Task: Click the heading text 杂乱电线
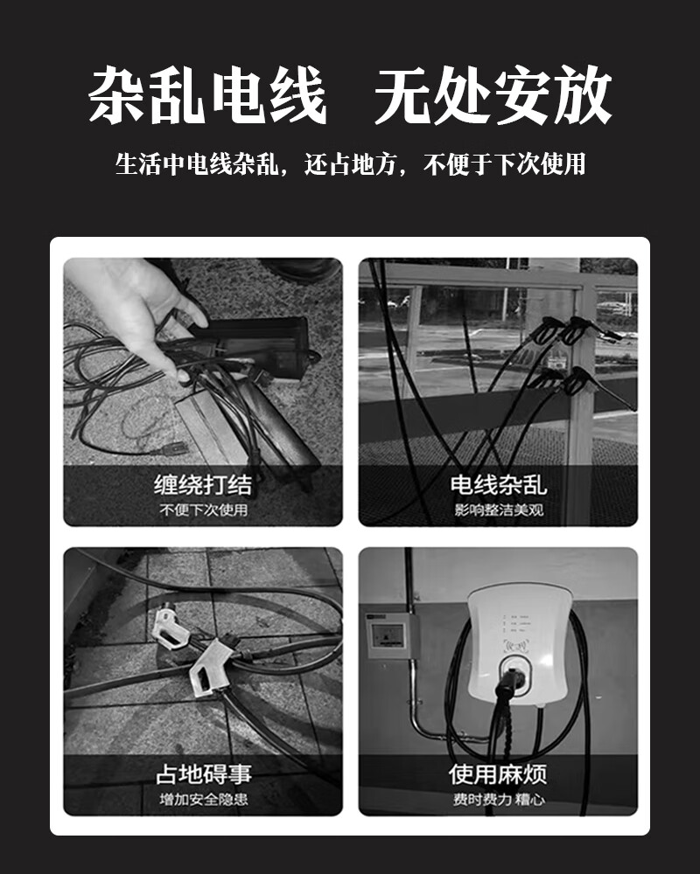click(207, 94)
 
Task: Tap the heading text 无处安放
click(493, 94)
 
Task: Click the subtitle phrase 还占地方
click(350, 164)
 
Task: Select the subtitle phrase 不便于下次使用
click(505, 164)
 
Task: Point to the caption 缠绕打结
click(203, 484)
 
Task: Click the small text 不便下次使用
click(203, 510)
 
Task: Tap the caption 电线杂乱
click(498, 484)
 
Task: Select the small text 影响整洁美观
click(499, 510)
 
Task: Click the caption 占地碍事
click(203, 774)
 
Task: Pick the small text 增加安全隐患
click(203, 800)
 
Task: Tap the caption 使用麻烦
click(498, 774)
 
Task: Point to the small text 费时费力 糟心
click(499, 800)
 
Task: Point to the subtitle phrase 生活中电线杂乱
click(197, 164)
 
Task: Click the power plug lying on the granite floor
click(171, 447)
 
